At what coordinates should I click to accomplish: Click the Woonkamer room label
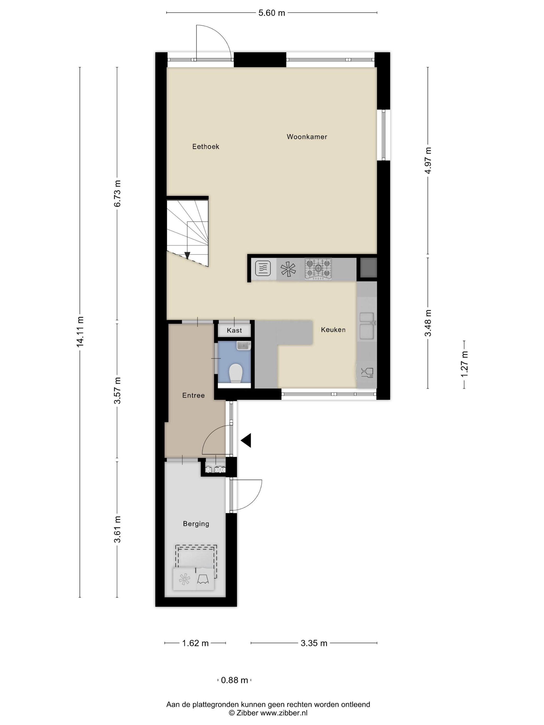307,137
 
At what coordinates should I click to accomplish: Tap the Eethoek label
206,147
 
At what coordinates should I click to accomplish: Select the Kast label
234,330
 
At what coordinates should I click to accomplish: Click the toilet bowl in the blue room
235,373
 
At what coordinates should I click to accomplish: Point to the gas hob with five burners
318,269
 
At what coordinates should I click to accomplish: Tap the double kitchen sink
367,326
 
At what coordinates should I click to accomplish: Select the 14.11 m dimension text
80,331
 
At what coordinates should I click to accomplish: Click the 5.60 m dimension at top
271,13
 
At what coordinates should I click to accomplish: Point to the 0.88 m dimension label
234,680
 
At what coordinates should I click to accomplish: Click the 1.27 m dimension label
464,364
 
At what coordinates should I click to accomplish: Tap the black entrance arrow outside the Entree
246,440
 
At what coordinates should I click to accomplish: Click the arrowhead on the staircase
187,255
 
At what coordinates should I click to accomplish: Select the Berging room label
196,524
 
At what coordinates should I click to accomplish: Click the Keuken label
333,330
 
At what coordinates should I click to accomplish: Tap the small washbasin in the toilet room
243,345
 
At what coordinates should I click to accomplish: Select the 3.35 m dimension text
314,643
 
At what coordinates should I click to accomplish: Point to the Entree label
193,395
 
